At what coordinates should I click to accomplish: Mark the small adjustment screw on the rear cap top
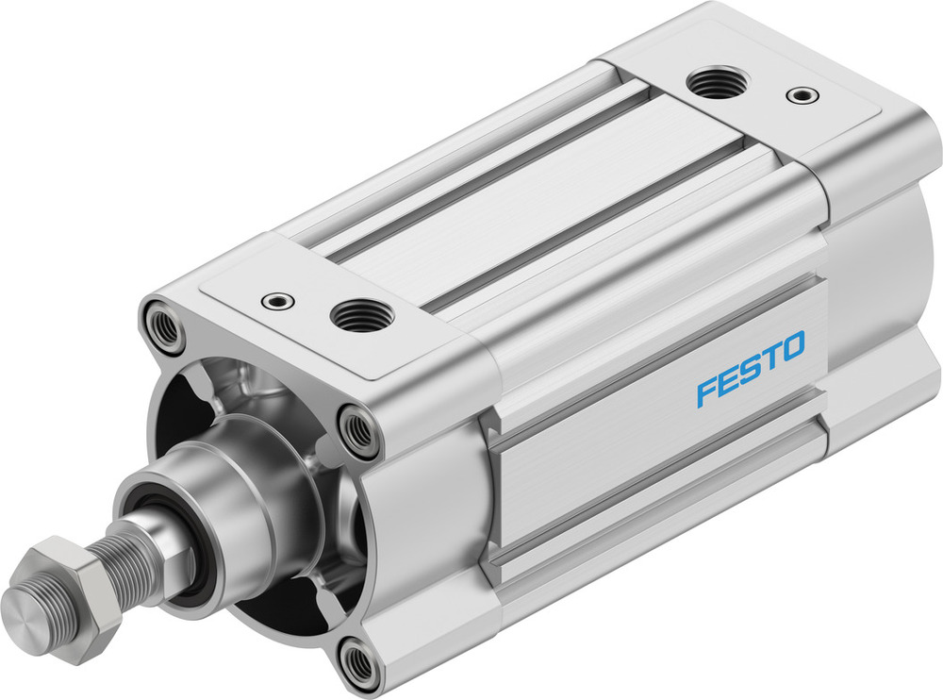tap(802, 94)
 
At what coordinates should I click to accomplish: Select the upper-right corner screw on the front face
tap(359, 431)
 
